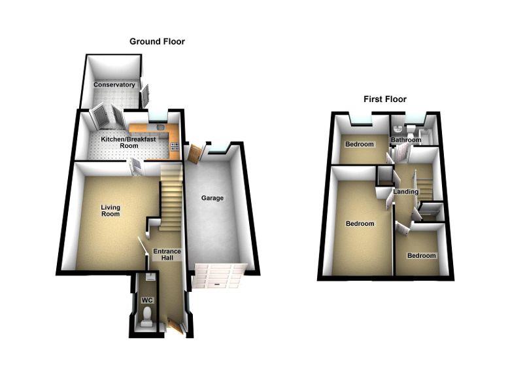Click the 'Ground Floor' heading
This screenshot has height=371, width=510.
tap(157, 41)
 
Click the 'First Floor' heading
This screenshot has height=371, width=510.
tap(385, 99)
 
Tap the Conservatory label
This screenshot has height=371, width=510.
tap(114, 85)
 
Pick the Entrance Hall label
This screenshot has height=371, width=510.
tap(167, 255)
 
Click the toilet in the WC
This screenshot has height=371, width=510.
tap(148, 316)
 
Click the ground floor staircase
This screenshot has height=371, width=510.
tap(171, 196)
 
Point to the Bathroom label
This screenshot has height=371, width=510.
tap(405, 140)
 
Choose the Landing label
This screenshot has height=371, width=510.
tap(407, 192)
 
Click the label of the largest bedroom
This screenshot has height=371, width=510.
tap(360, 224)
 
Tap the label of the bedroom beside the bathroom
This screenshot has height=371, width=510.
tap(359, 144)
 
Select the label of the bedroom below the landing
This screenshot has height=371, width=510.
tap(421, 255)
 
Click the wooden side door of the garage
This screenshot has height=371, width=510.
tap(194, 153)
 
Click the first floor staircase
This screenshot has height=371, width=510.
tap(424, 183)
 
